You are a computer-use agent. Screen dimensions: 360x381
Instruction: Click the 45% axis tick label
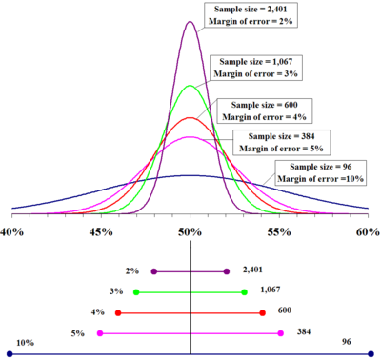pos(101,232)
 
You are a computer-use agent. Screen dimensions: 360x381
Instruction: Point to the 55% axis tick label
pos(279,232)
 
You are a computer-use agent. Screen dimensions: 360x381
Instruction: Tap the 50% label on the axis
pos(190,232)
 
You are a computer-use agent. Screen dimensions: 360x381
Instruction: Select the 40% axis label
pos(13,232)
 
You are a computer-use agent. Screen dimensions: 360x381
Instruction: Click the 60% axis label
pos(367,232)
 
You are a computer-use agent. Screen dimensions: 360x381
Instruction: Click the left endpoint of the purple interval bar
pos(154,271)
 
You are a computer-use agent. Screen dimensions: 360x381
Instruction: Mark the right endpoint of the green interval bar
pos(245,291)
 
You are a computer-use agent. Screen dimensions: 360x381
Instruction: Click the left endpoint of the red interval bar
pos(118,312)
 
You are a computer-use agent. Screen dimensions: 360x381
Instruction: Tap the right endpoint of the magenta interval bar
pos(280,333)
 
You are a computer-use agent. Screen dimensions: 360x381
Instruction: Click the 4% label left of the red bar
pos(98,312)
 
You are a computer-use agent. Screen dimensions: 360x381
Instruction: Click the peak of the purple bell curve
pos(190,20)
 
